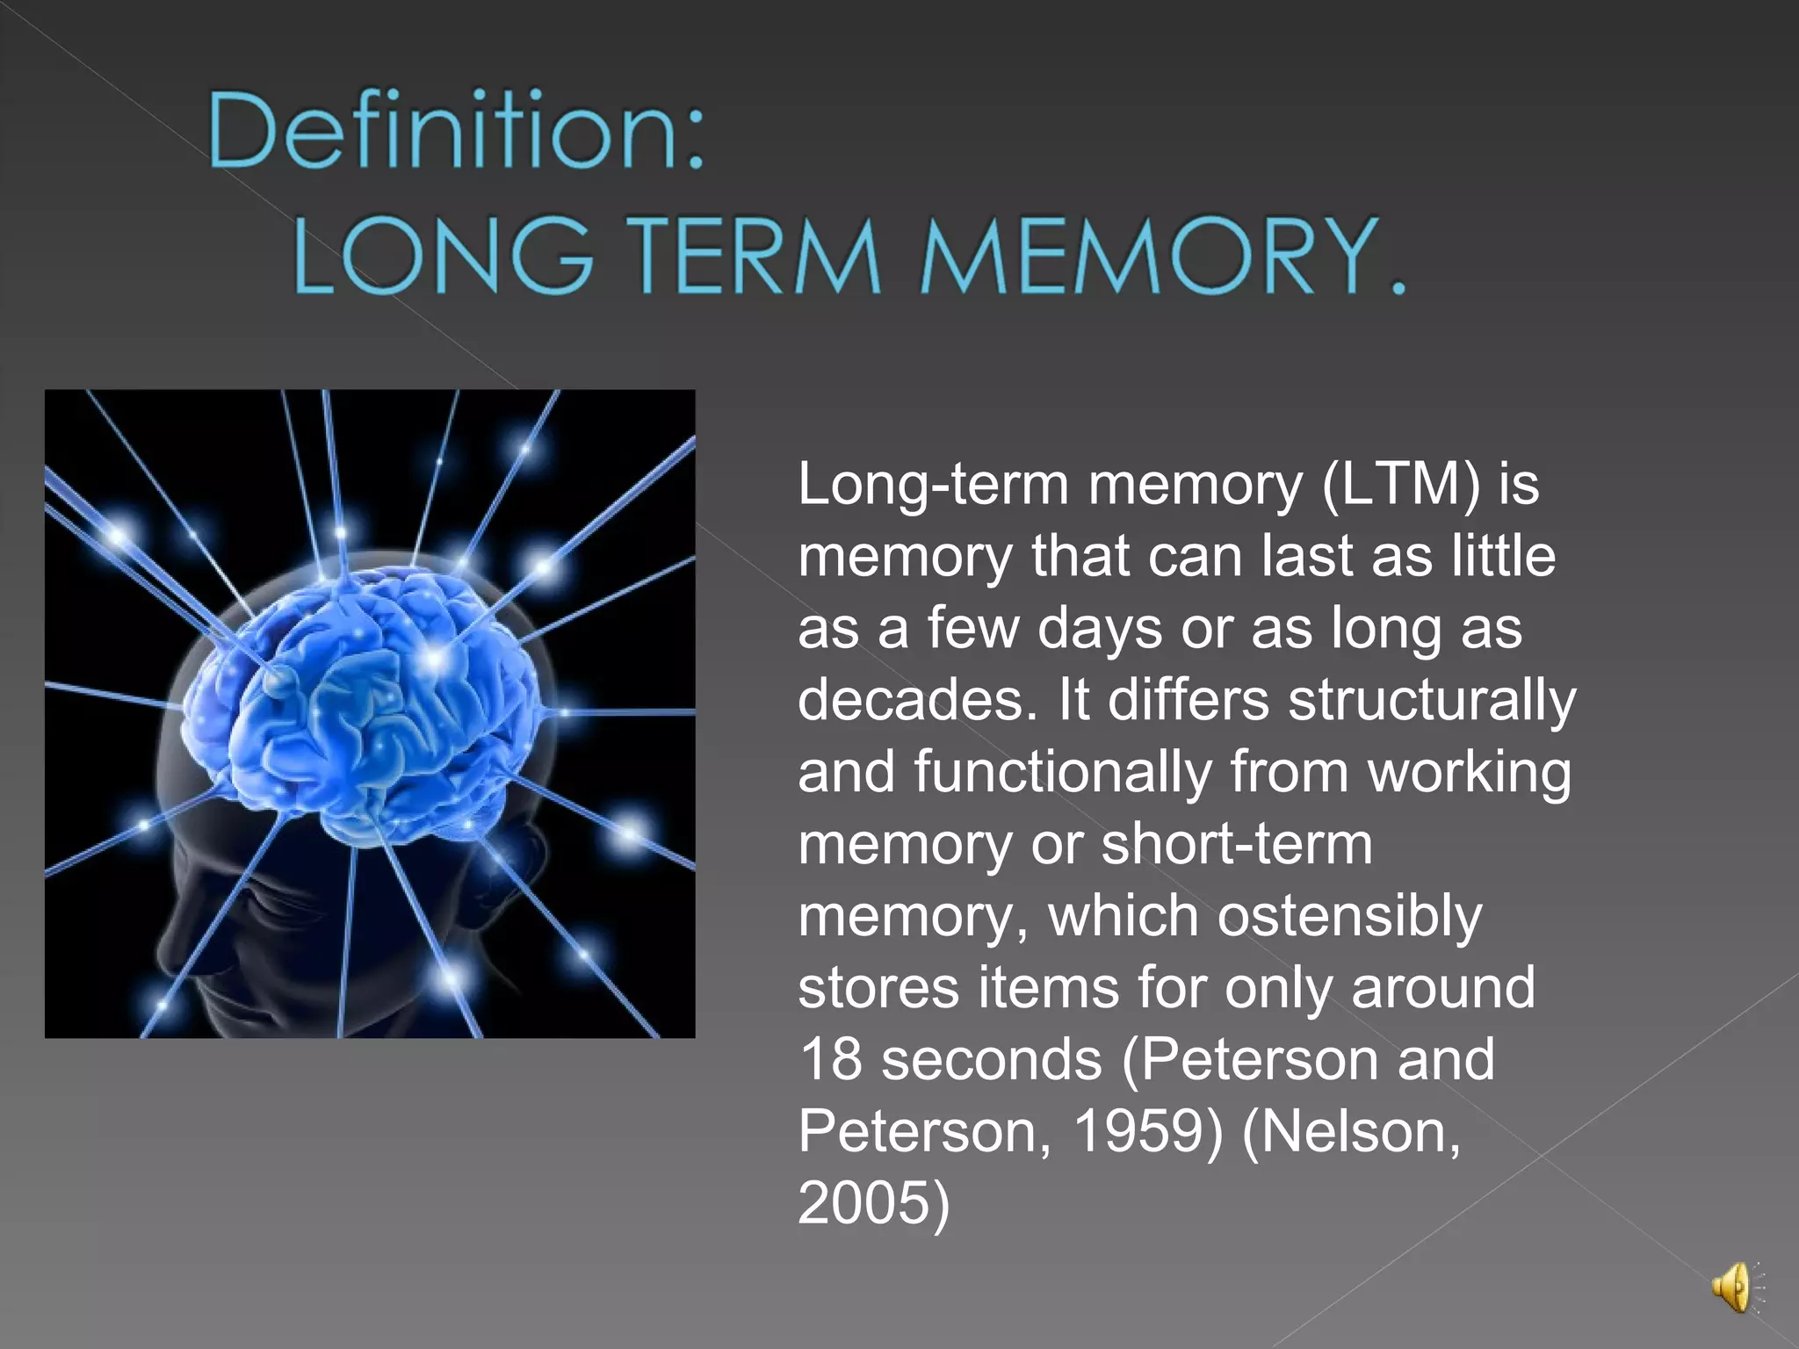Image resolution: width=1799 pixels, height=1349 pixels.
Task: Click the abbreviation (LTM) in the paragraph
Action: [1401, 484]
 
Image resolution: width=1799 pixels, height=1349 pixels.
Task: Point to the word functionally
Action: [1063, 772]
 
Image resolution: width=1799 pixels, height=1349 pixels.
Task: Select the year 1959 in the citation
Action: [1137, 1131]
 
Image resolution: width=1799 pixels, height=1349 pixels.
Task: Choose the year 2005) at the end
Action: [873, 1203]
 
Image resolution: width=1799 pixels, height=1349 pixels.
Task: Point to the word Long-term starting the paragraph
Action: [932, 486]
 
